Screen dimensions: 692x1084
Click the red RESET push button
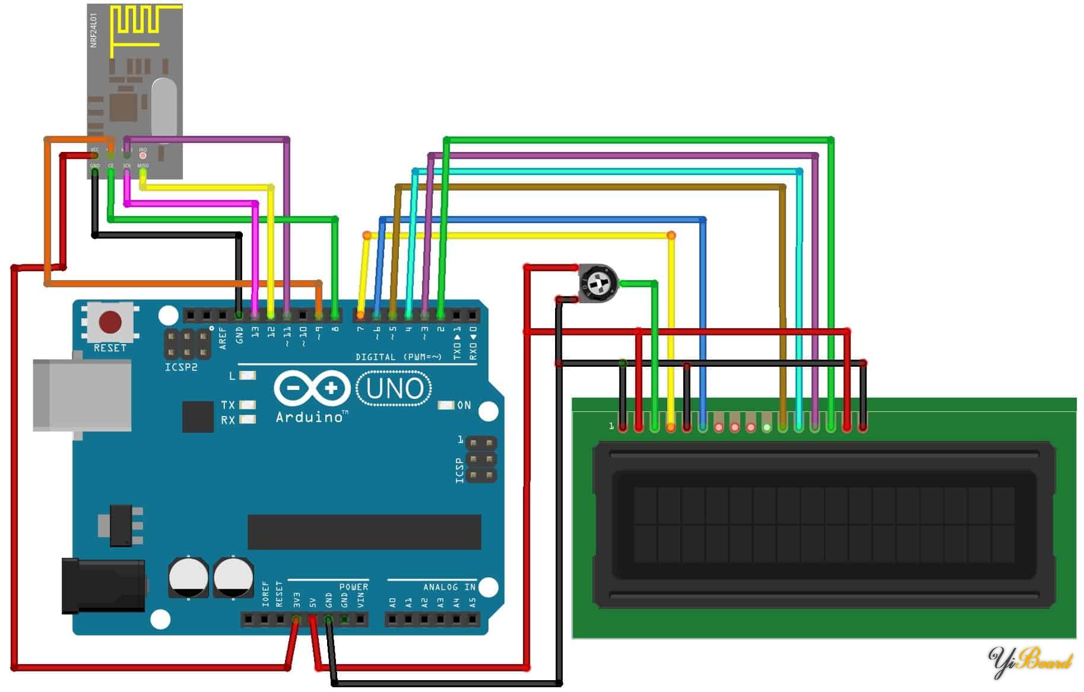coord(110,322)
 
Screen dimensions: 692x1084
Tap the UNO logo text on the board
coord(395,389)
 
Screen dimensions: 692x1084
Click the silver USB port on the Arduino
coord(82,395)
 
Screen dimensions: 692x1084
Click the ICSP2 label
coord(181,367)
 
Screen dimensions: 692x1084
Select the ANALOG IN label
coord(449,587)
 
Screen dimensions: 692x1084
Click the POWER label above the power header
coord(353,587)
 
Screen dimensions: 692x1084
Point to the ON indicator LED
coord(445,405)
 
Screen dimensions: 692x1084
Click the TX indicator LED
coord(248,405)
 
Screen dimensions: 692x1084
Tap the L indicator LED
coord(248,376)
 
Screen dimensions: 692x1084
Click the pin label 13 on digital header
coord(255,332)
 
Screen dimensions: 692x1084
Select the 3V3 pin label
coord(297,599)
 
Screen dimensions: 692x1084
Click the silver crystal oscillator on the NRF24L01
coord(164,107)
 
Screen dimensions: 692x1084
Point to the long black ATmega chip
coord(364,532)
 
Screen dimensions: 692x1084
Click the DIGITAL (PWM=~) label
coord(398,357)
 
